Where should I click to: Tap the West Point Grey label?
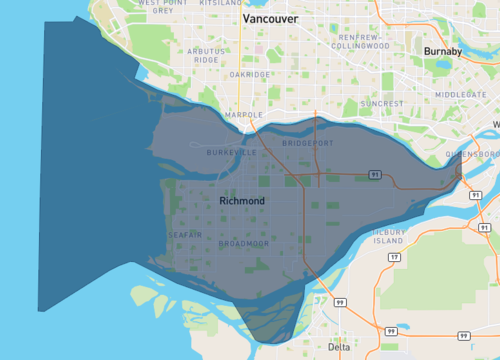[163, 8]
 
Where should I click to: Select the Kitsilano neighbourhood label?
[221, 3]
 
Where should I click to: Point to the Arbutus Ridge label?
[206, 55]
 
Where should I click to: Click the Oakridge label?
[249, 74]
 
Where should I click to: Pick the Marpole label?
[244, 115]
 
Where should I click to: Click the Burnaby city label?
[442, 51]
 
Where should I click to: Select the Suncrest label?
[383, 103]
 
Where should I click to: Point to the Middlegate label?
[460, 94]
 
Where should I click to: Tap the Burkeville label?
[231, 153]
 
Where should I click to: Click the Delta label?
[339, 347]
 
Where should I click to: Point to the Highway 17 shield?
[394, 257]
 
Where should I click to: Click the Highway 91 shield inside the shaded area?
[373, 174]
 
